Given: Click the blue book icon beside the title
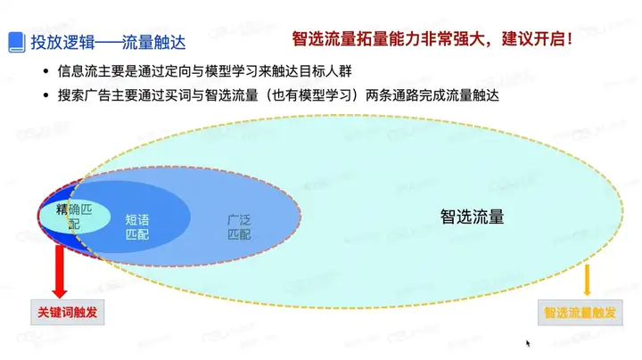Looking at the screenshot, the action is pyautogui.click(x=17, y=42).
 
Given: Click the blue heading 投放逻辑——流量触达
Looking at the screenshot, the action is pyautogui.click(x=109, y=42).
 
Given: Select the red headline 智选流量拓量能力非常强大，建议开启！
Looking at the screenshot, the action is pyautogui.click(x=432, y=39).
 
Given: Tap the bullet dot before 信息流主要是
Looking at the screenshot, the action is pyautogui.click(x=45, y=71).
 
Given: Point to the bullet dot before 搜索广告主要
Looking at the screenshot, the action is pyautogui.click(x=45, y=95).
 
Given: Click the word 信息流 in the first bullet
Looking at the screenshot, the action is pyautogui.click(x=78, y=71).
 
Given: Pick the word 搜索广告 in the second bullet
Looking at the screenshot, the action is pyautogui.click(x=84, y=95).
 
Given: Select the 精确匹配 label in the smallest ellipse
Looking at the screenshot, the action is pyautogui.click(x=74, y=217).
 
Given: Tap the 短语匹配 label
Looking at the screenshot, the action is pyautogui.click(x=137, y=227).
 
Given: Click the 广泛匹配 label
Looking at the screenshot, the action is pyautogui.click(x=239, y=227).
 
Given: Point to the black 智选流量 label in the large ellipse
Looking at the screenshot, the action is pyautogui.click(x=472, y=217).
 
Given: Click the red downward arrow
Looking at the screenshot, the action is pyautogui.click(x=60, y=271).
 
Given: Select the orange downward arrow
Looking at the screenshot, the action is pyautogui.click(x=587, y=280).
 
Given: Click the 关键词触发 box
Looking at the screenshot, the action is pyautogui.click(x=68, y=313).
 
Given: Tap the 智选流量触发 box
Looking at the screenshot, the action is pyautogui.click(x=580, y=313).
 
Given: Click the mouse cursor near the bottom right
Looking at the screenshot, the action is pyautogui.click(x=528, y=344).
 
